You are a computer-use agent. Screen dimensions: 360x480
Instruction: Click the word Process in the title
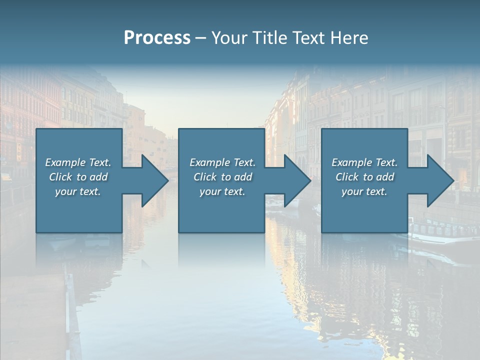[x=157, y=38]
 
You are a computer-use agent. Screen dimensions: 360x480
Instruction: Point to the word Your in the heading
[x=229, y=38]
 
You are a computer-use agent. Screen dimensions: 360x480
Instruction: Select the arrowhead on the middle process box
[x=296, y=180]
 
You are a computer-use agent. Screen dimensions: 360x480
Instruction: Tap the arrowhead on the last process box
[x=439, y=180]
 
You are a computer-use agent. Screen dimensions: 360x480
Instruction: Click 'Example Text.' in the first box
[x=78, y=162]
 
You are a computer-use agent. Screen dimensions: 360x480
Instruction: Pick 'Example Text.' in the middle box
[x=222, y=162]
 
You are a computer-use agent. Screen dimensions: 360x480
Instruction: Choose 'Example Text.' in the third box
[x=364, y=162]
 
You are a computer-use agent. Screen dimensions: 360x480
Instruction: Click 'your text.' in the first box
[x=78, y=191]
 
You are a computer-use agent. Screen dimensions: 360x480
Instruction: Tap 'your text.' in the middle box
[x=222, y=191]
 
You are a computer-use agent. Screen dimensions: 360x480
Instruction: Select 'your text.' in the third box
[x=364, y=191]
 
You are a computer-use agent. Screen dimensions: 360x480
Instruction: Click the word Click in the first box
[x=60, y=177]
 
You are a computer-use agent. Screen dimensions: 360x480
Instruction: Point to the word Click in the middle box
[x=205, y=177]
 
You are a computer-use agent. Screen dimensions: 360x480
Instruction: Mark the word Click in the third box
[x=347, y=177]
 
